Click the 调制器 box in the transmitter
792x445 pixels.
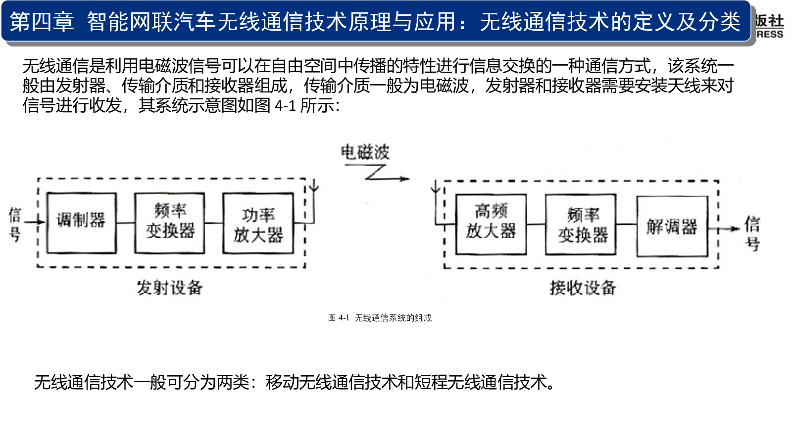click(x=81, y=223)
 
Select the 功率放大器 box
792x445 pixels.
click(x=258, y=223)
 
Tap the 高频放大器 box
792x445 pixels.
click(x=491, y=224)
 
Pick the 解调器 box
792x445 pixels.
click(x=672, y=226)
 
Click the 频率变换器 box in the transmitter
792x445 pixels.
click(x=169, y=223)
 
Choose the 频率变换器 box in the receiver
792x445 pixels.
click(x=581, y=225)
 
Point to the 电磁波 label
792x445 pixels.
click(x=365, y=152)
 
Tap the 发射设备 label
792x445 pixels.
click(x=169, y=287)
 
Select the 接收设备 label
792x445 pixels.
click(x=583, y=287)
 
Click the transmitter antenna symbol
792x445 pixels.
click(x=314, y=187)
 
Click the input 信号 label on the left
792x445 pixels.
click(x=15, y=224)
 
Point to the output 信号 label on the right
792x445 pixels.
click(x=752, y=233)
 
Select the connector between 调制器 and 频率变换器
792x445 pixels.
click(x=126, y=223)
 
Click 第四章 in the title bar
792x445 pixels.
click(x=42, y=22)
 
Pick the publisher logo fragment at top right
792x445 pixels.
click(x=770, y=26)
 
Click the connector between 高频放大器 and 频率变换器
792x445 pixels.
click(x=536, y=224)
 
